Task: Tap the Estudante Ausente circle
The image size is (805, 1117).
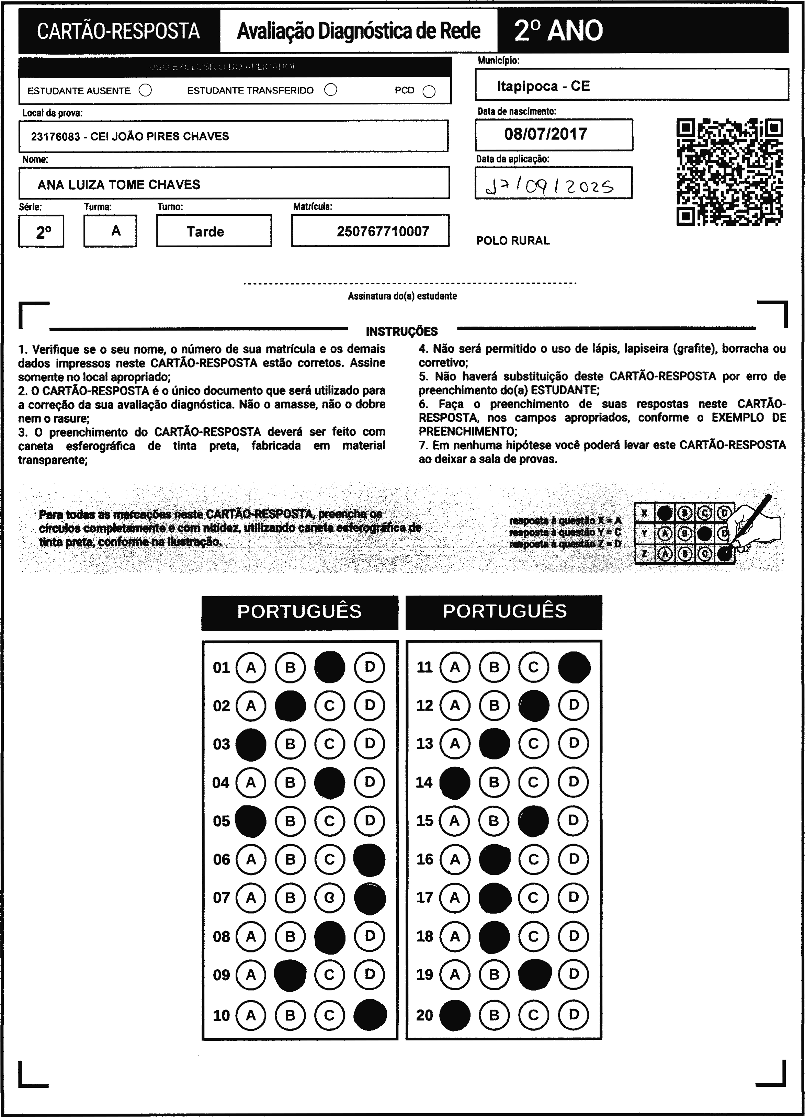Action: [145, 91]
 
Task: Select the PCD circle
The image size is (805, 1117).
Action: [429, 92]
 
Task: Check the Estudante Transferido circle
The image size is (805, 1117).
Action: [331, 90]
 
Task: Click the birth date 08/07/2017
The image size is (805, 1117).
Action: [545, 134]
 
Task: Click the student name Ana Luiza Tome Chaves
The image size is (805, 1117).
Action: [119, 185]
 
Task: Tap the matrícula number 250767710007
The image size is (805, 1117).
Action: [383, 232]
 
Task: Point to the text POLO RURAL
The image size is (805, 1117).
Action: [512, 241]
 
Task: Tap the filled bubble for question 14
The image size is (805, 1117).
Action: [454, 782]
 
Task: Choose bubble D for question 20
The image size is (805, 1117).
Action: [574, 1015]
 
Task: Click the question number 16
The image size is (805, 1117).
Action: [424, 859]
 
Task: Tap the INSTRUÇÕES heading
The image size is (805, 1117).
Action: [402, 331]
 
